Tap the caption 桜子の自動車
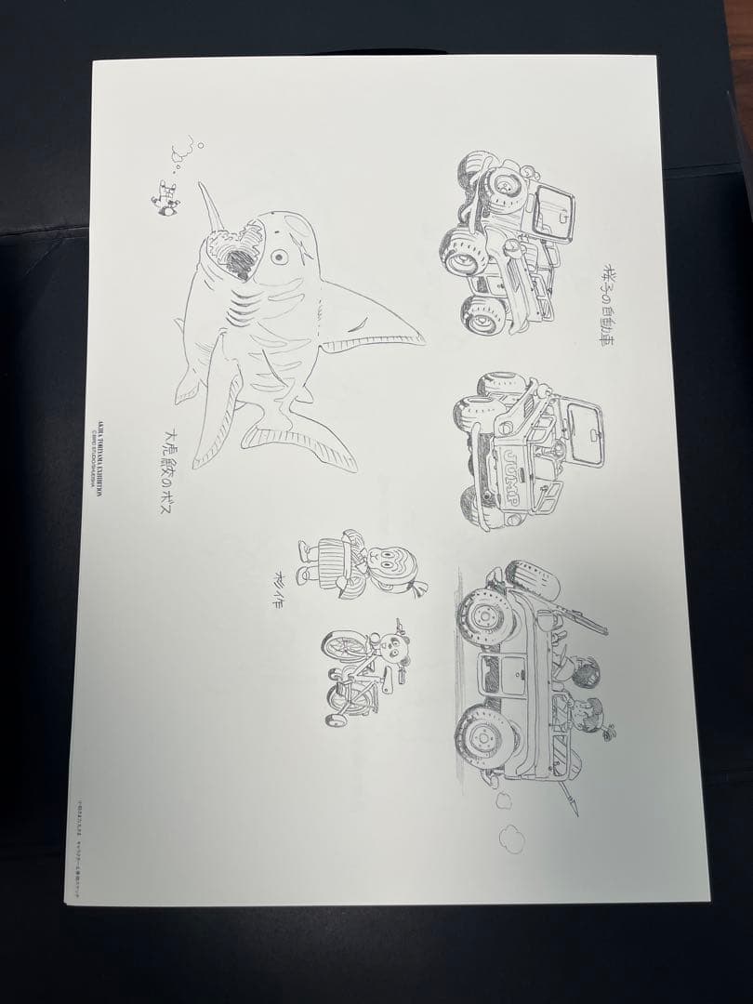pyautogui.click(x=601, y=300)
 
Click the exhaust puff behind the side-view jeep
pyautogui.click(x=510, y=837)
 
